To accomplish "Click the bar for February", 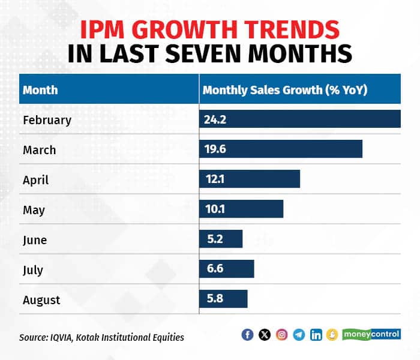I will point(300,119).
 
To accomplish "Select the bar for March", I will point(281,149).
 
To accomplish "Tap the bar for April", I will point(250,179).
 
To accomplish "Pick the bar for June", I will point(221,239).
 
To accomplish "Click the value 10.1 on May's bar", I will point(213,209).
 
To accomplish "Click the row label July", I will point(33,269).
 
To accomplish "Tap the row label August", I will point(41,299).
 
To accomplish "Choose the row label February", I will point(47,119).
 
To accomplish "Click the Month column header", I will point(40,90).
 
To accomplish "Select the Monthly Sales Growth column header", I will point(285,90).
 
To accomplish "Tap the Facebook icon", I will point(247,335).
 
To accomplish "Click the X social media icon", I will point(265,335).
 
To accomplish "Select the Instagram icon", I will point(281,335).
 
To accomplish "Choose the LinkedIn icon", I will point(316,335).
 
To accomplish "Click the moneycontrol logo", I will point(371,334).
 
